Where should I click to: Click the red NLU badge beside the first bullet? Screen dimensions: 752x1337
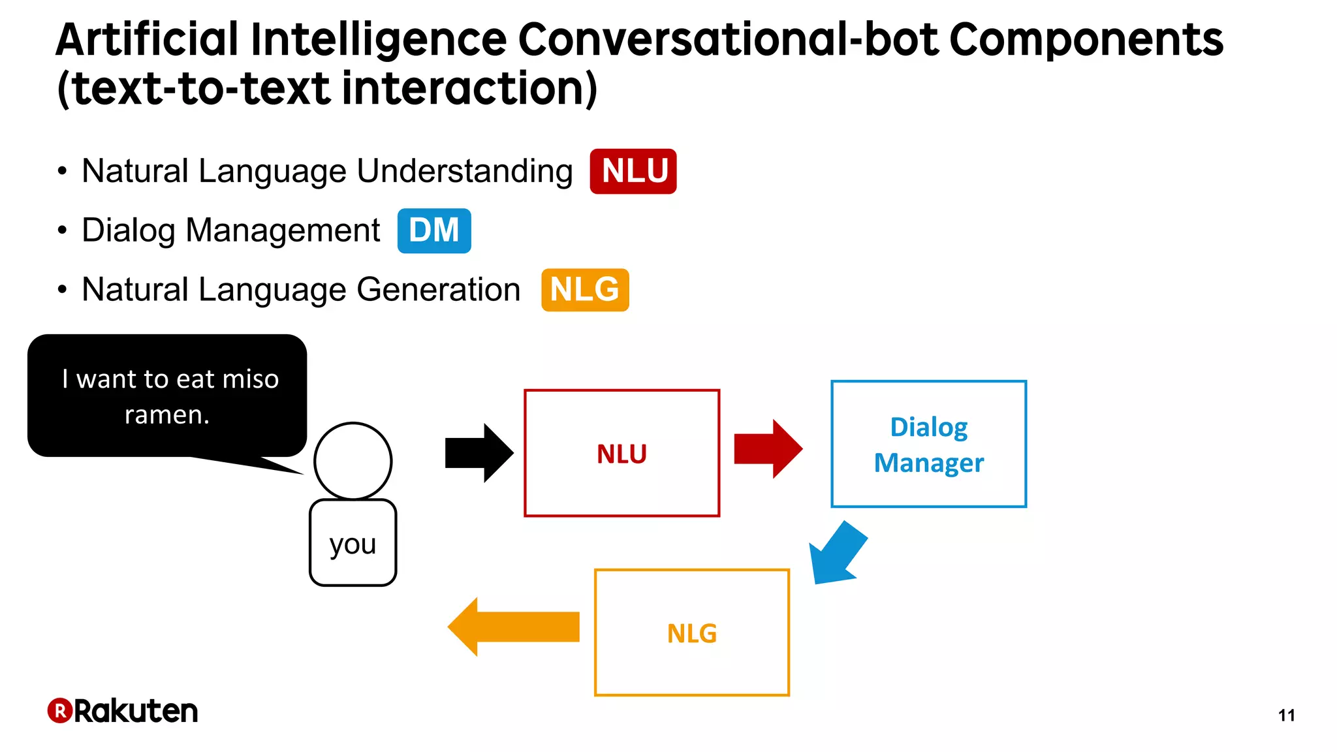(633, 171)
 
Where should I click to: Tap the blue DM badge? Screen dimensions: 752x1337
(434, 230)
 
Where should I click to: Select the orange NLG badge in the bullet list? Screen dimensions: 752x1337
(585, 290)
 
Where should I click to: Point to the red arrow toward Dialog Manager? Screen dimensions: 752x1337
(768, 449)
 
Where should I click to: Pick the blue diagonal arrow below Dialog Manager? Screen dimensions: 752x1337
(836, 553)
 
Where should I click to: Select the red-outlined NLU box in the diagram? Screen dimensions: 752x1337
(621, 453)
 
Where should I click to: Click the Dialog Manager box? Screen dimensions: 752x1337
(928, 444)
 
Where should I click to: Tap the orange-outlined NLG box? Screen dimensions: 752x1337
(692, 633)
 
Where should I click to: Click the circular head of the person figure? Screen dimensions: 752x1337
(353, 461)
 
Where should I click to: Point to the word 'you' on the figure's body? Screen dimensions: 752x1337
(353, 544)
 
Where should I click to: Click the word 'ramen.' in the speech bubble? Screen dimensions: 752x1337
(167, 415)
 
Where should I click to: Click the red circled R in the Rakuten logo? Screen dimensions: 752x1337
(59, 710)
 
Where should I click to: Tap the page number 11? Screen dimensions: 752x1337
(1286, 715)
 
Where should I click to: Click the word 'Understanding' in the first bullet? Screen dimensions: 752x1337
(465, 171)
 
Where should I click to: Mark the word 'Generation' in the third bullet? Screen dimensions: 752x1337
(438, 290)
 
